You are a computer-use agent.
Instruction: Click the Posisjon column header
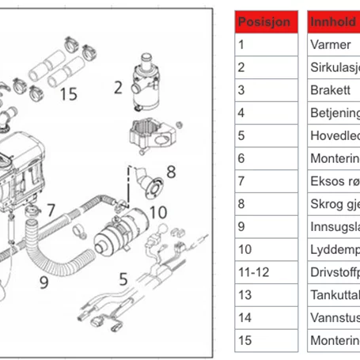point(267,21)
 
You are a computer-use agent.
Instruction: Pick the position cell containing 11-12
point(267,272)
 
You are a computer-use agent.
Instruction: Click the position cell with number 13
point(267,295)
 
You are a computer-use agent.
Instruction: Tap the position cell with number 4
point(267,112)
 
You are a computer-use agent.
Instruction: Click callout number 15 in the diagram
point(68,94)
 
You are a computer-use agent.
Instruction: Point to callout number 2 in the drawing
point(117,87)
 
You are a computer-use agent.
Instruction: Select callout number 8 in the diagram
point(170,170)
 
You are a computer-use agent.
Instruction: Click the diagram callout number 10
point(157,212)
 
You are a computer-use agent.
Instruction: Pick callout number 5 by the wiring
point(123,278)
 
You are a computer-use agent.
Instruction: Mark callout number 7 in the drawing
point(50,210)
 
